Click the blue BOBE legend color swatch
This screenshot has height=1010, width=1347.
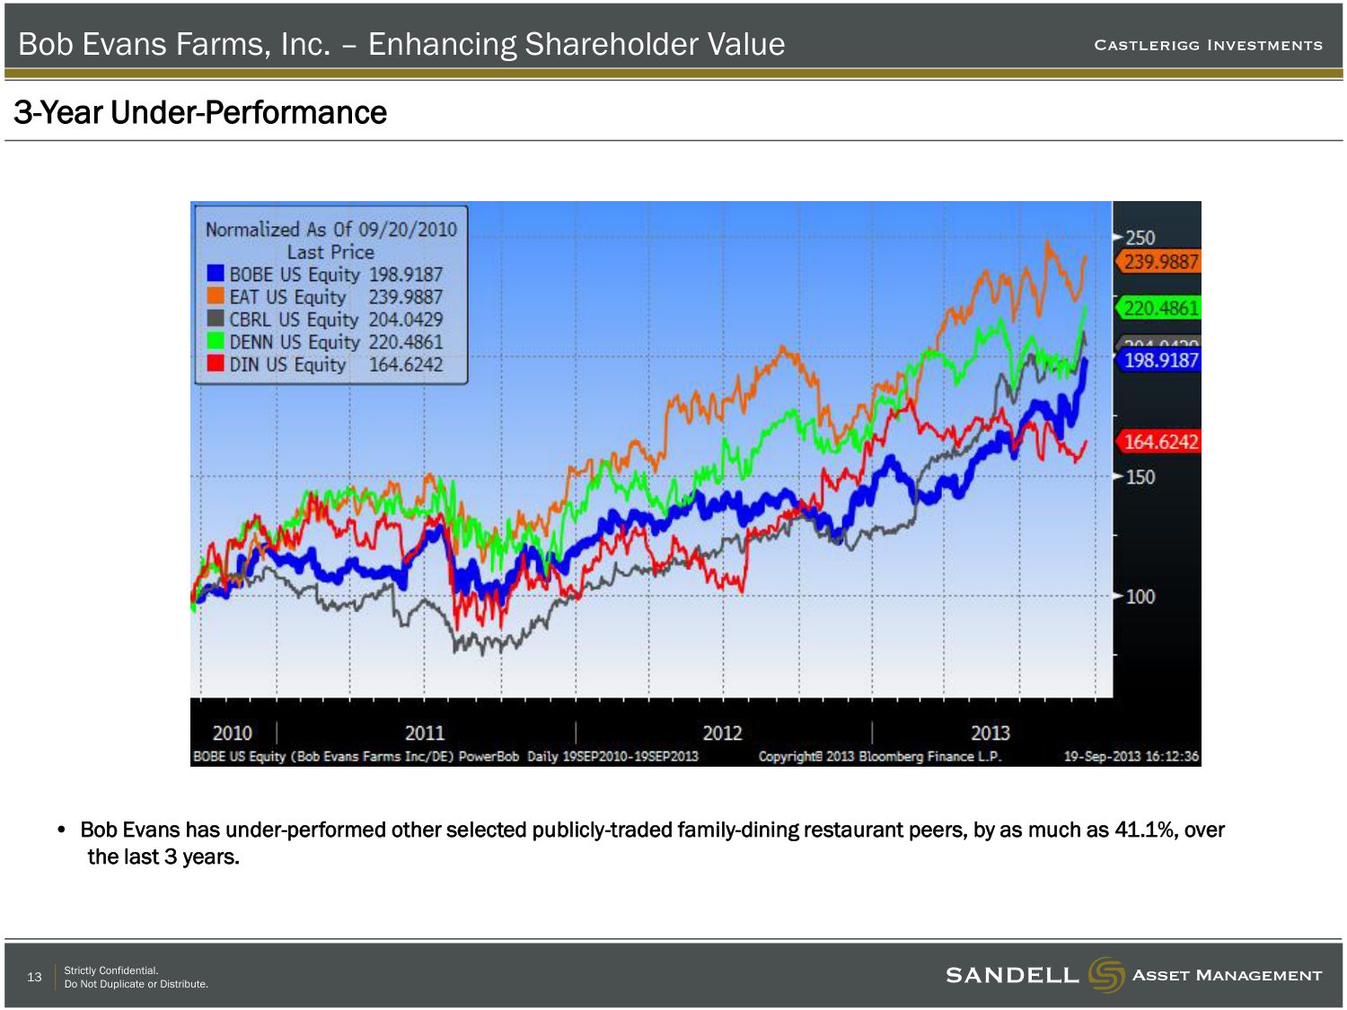tap(216, 274)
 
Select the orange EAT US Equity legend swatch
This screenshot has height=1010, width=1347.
tap(216, 296)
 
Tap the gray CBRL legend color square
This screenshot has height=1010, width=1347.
tap(216, 319)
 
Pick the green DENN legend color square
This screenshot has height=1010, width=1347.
tap(216, 341)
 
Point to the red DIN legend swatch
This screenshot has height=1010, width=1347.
tap(216, 364)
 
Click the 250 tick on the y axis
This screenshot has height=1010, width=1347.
tap(1140, 238)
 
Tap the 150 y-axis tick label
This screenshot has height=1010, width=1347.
tap(1140, 477)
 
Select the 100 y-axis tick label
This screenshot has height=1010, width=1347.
tap(1140, 596)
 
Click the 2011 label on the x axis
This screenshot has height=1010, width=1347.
tap(425, 733)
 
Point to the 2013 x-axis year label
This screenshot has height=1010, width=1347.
tap(990, 733)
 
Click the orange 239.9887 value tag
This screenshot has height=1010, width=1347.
tap(1160, 261)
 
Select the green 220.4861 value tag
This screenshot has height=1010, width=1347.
tap(1160, 308)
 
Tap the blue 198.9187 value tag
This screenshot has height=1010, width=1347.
tap(1160, 360)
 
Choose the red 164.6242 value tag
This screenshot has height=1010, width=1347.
tap(1160, 442)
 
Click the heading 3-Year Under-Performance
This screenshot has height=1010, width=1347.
tap(200, 113)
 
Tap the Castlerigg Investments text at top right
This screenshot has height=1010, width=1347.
tap(1208, 45)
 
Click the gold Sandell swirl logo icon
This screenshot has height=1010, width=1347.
tap(1105, 975)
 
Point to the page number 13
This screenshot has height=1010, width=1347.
tap(34, 977)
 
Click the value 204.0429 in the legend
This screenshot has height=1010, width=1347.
tap(405, 319)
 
